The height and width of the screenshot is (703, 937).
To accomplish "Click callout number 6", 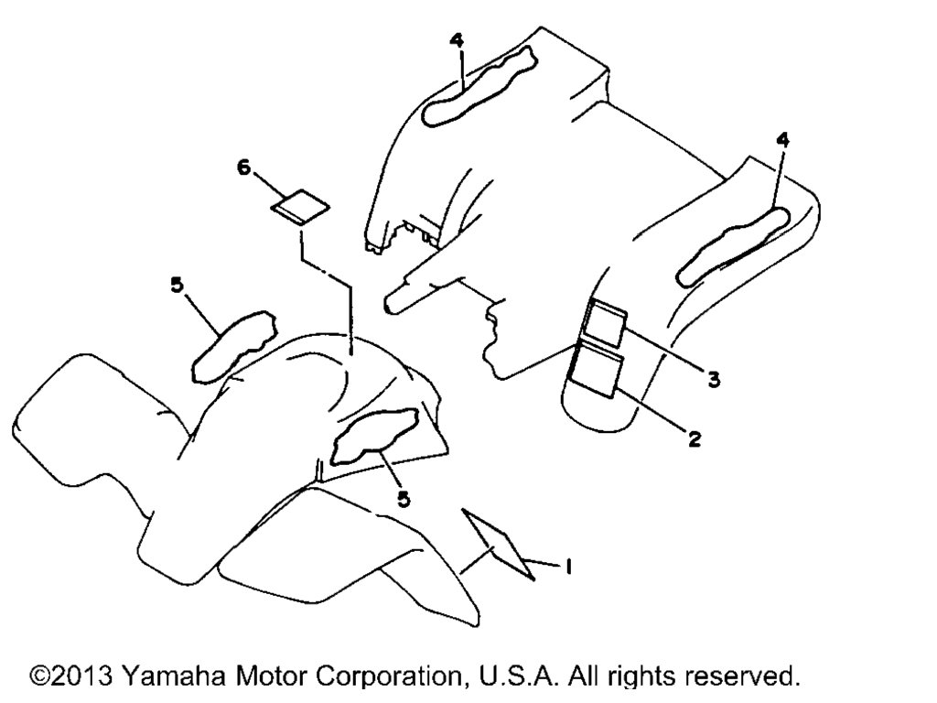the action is click(x=243, y=168).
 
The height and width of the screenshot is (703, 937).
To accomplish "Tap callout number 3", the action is click(x=714, y=379).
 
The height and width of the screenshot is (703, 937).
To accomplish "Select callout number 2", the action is click(x=694, y=439).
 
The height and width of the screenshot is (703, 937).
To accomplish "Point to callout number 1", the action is click(x=569, y=566).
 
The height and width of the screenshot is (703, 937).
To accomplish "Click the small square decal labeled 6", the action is click(x=300, y=206).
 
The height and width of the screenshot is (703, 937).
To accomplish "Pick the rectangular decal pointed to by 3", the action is click(x=604, y=325).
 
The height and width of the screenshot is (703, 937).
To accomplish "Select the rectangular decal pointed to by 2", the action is click(x=598, y=373).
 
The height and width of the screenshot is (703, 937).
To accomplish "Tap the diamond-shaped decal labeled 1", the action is click(x=499, y=544).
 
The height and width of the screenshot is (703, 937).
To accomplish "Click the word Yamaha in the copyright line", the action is click(x=175, y=676).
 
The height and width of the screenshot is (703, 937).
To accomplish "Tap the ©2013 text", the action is click(x=71, y=676).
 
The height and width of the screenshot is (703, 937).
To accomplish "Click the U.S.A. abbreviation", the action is click(x=520, y=676).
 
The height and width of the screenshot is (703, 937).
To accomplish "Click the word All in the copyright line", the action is click(x=584, y=676).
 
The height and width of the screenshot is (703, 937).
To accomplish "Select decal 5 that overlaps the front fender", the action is click(x=374, y=436).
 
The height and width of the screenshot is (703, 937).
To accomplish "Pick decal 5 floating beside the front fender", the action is click(x=233, y=347).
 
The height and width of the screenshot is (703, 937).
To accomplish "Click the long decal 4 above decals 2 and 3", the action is click(x=734, y=245).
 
